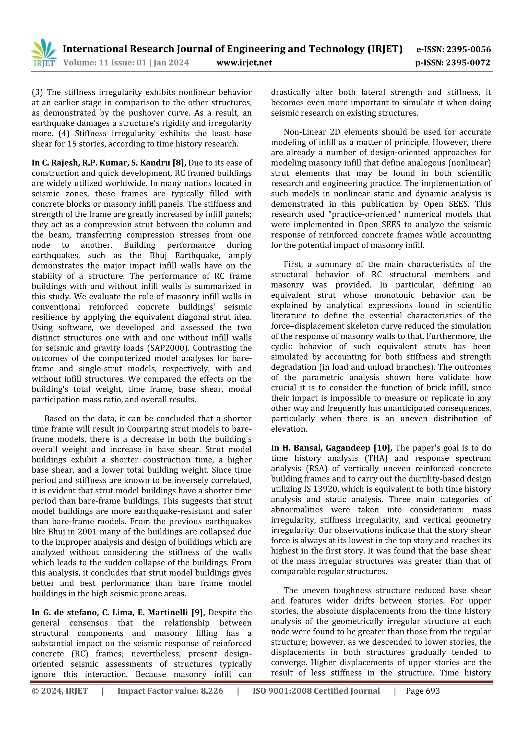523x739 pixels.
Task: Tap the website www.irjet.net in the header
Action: [x=244, y=62]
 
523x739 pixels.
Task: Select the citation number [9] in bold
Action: [x=198, y=612]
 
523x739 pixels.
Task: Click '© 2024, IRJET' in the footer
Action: [x=60, y=691]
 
